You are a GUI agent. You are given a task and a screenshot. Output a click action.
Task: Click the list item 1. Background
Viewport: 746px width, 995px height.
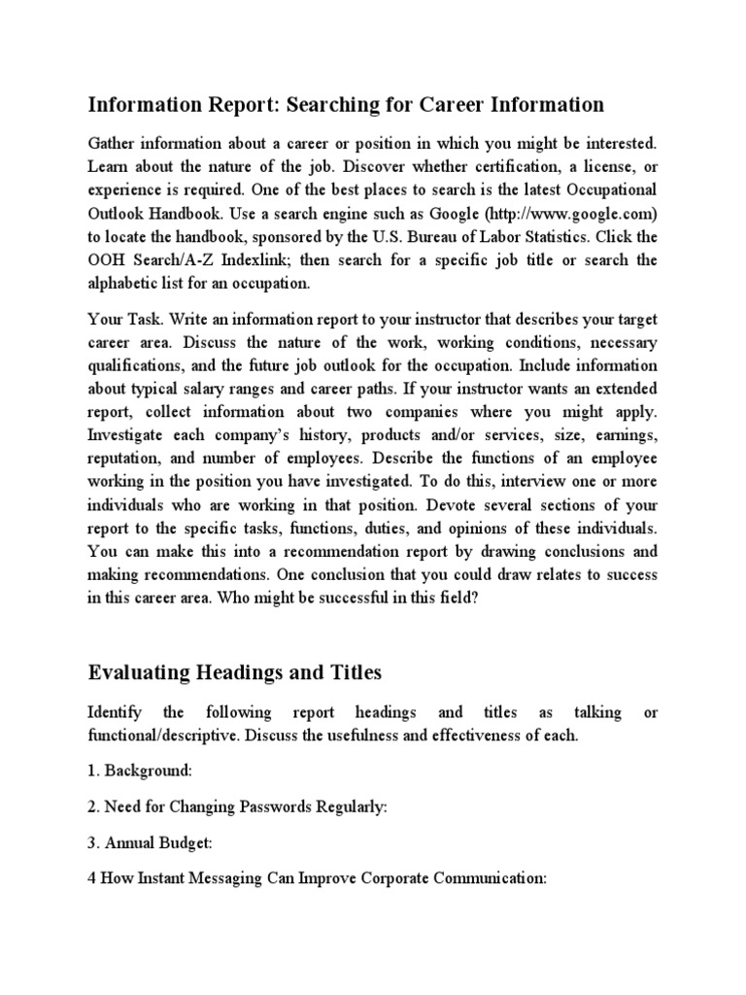tap(141, 770)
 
